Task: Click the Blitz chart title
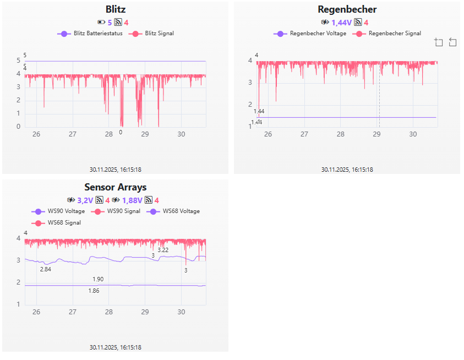[x=115, y=9]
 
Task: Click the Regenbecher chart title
[x=347, y=9]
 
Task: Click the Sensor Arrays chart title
[x=115, y=187]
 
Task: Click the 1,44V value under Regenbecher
[x=341, y=23]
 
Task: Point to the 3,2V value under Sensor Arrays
[x=86, y=200]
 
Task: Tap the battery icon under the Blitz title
[x=101, y=23]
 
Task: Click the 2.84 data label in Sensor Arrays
[x=46, y=269]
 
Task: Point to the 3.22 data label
[x=163, y=250]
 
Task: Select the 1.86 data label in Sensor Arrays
[x=94, y=291]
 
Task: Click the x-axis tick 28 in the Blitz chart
[x=109, y=134]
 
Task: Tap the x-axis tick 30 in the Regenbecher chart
[x=413, y=134]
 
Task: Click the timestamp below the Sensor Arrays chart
[x=115, y=347]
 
